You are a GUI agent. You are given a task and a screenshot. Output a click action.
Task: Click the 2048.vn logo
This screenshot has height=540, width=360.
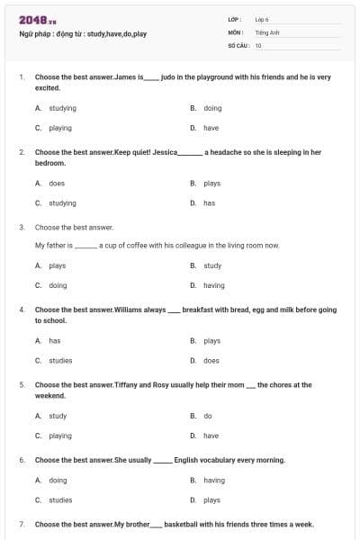38,19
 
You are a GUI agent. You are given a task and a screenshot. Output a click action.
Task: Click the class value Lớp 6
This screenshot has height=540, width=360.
263,19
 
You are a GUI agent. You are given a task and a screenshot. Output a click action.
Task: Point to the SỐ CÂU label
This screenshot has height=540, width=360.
238,45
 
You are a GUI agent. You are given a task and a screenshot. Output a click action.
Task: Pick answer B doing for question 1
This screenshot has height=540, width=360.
212,108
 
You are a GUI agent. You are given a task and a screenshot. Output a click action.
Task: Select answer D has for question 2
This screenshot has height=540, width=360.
209,203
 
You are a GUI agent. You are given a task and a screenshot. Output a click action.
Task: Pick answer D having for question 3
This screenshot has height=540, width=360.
213,285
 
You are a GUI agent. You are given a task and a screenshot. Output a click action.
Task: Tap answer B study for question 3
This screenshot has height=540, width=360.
212,265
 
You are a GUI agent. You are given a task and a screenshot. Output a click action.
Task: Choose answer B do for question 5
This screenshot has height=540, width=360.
207,416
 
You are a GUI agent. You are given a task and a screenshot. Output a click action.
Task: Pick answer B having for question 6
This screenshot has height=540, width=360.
213,481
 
